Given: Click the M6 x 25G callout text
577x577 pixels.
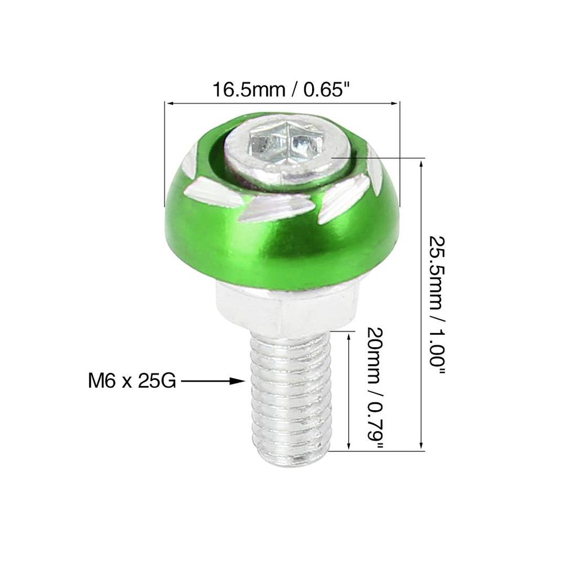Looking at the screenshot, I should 132,381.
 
